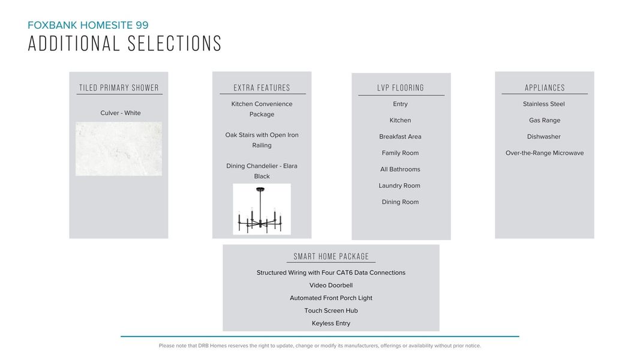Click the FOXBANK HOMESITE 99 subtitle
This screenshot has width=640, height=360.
click(88, 25)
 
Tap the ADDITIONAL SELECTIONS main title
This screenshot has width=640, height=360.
click(125, 44)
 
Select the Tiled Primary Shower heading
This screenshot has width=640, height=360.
click(119, 88)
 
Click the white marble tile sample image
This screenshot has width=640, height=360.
click(119, 149)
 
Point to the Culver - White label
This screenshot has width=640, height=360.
click(121, 113)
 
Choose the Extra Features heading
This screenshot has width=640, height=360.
click(262, 88)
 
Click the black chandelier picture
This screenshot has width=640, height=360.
click(262, 209)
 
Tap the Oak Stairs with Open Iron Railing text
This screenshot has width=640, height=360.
click(262, 140)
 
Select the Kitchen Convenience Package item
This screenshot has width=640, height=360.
click(262, 109)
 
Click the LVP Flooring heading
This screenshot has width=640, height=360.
click(401, 88)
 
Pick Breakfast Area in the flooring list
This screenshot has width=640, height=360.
click(400, 137)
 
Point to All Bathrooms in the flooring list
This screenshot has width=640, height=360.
click(400, 169)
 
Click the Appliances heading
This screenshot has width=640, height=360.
click(545, 88)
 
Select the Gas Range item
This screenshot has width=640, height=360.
click(545, 120)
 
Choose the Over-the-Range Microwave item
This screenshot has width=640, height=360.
click(545, 153)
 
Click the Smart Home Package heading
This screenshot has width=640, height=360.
click(331, 257)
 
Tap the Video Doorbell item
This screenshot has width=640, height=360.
click(331, 286)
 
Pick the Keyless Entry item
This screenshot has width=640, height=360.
click(331, 323)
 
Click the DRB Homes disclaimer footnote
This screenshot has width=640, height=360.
click(320, 346)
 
